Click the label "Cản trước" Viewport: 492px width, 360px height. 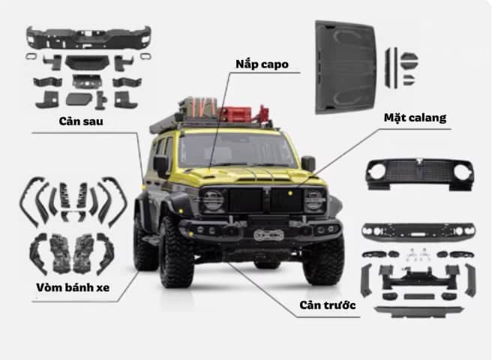coord(325,306)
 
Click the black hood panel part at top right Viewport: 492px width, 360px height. coord(344,67)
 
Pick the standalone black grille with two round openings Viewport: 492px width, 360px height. coord(420,174)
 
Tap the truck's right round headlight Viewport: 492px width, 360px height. coord(315,199)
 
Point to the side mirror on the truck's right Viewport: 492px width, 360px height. coord(307,163)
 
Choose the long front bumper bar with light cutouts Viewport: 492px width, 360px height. coord(418,229)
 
